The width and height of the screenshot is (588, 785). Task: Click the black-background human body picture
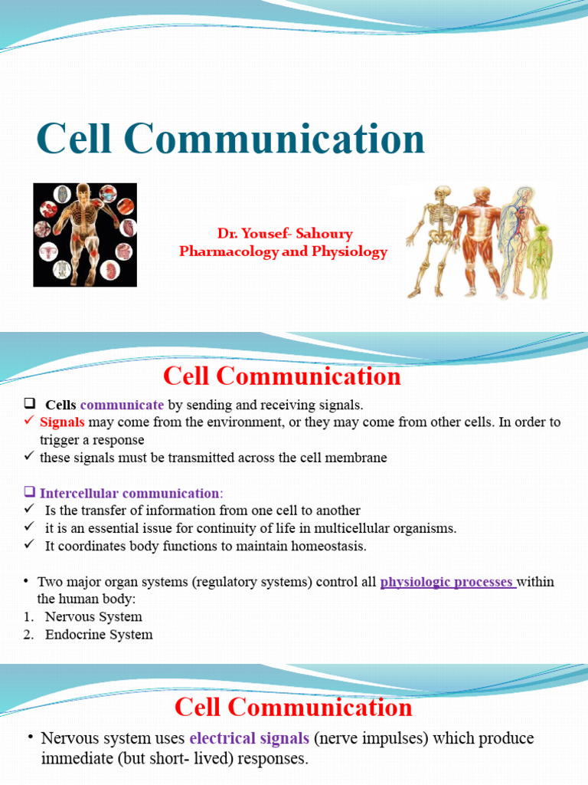coord(85,235)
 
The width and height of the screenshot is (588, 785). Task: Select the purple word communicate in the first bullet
coord(122,405)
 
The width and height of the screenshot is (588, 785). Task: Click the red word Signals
coord(62,422)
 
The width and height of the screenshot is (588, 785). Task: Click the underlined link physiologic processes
coord(447,582)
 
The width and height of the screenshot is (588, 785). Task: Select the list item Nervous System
coord(93,616)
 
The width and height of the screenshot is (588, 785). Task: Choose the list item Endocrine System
coord(99,634)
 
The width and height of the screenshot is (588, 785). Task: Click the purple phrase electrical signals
coord(249,738)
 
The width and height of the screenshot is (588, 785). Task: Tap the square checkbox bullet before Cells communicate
coord(30,404)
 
